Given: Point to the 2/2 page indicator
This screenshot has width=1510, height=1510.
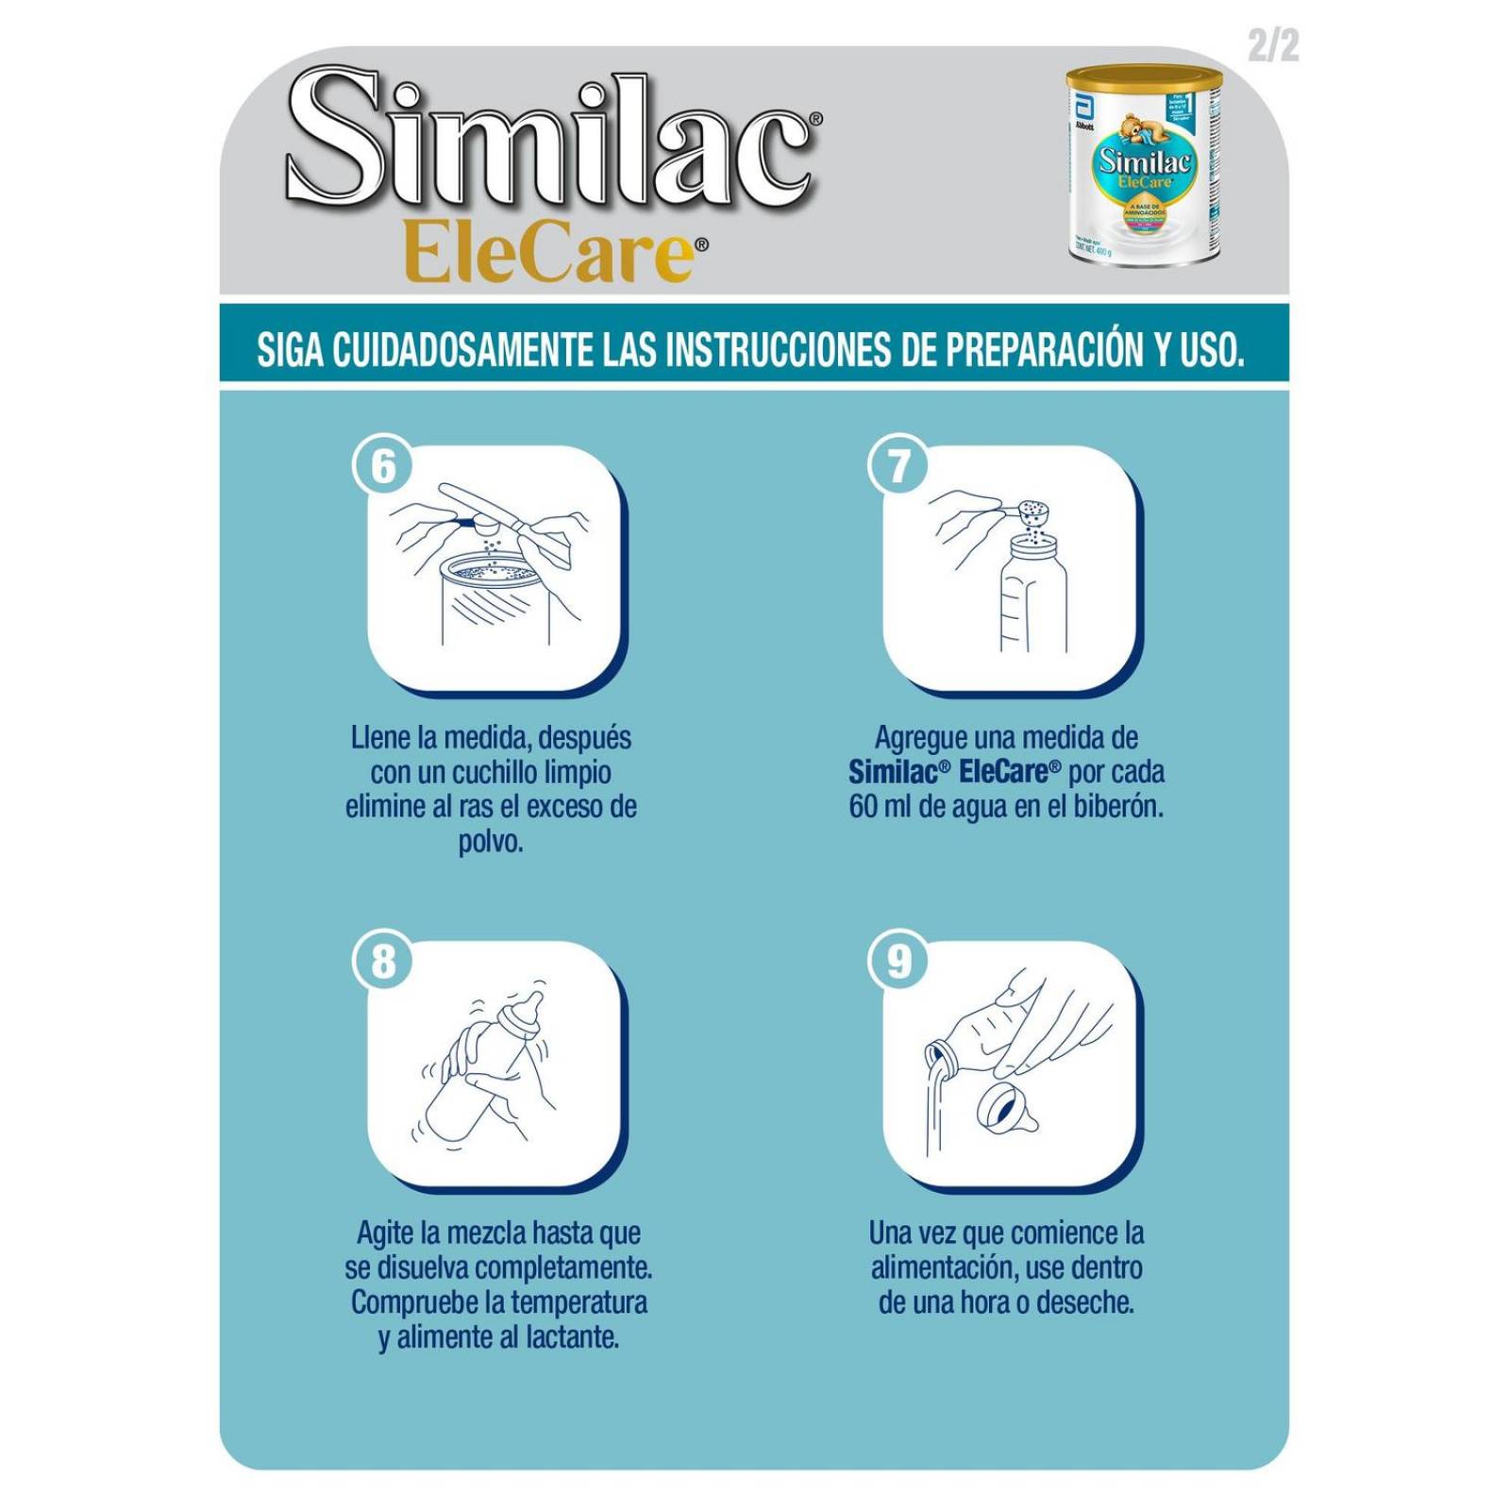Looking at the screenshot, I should pos(1273,44).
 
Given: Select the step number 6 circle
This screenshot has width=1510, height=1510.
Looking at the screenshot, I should pos(383,466).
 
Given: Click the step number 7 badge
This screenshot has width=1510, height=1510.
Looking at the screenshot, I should pos(898,466).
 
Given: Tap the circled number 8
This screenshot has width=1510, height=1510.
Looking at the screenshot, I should pos(383,962).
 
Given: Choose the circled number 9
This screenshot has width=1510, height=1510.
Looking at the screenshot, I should pos(898,962).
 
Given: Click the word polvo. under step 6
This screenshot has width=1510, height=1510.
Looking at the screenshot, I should pos(491,842).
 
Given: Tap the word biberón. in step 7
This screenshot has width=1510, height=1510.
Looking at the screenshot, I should pos(1118,808).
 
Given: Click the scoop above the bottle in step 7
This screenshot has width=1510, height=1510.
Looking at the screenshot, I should pos(1033,512).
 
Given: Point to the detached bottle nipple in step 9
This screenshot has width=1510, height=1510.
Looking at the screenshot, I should pos(1006,1109).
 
